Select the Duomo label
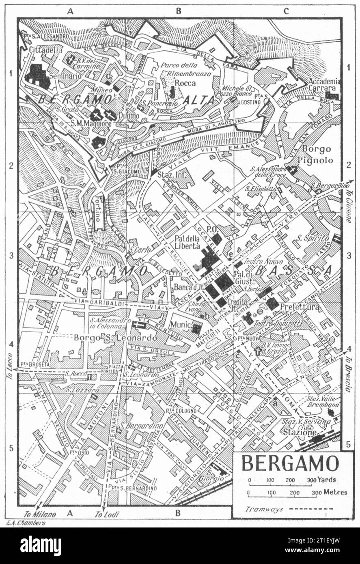tap(129, 116)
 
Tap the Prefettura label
tap(300, 308)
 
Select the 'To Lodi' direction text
tap(105, 514)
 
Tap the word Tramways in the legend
tap(265, 509)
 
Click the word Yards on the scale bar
tap(327, 480)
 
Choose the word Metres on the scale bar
tap(335, 492)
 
